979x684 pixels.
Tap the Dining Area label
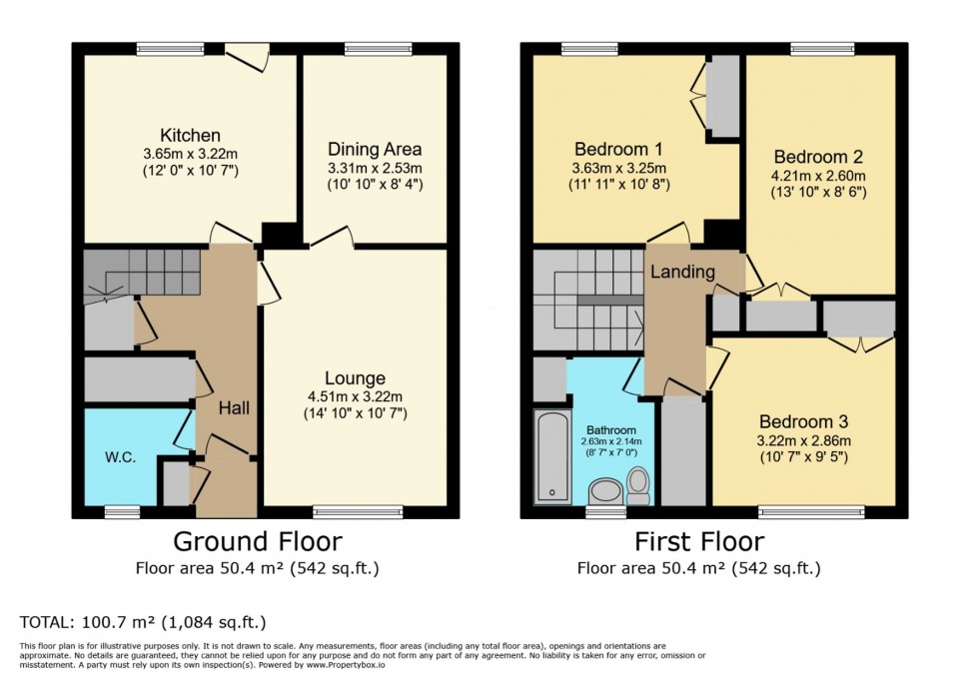375,149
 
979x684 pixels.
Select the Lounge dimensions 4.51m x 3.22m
355,396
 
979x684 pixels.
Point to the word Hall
234,408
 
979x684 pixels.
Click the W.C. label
121,457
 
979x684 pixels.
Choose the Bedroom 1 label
618,149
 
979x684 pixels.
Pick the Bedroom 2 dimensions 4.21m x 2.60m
818,176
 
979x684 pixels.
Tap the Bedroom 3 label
803,421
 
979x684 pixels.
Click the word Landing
682,272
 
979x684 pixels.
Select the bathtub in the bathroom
551,456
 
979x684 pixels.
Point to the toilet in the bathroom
638,485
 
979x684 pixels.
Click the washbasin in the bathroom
604,491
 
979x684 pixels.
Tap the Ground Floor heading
258,541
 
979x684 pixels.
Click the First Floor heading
699,541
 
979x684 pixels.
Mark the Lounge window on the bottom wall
355,512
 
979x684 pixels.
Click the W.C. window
122,512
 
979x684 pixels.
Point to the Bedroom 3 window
811,512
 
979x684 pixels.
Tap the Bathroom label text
611,430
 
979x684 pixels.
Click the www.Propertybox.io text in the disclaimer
346,665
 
